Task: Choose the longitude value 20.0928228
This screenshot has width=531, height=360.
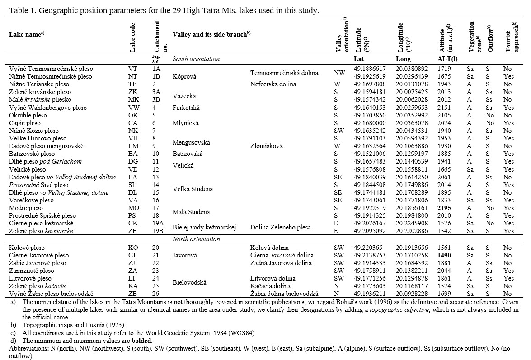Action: tap(411, 294)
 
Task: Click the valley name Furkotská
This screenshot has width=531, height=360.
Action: tap(186, 108)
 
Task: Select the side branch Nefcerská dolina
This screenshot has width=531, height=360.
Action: tap(274, 84)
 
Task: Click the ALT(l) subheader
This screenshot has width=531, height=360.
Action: tap(447, 59)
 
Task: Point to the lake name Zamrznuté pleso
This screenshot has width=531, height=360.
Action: tap(31, 271)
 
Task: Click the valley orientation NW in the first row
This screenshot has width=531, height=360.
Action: tap(339, 72)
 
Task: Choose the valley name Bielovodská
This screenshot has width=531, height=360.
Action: tap(189, 282)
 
